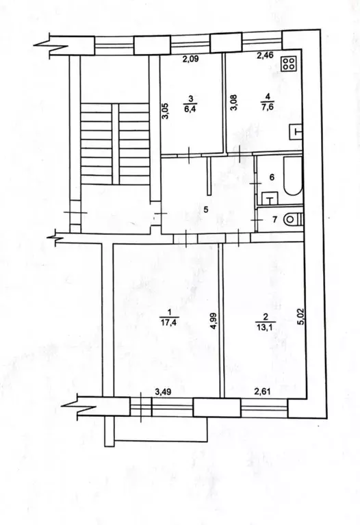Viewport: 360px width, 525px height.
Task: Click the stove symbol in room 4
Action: click(x=289, y=64)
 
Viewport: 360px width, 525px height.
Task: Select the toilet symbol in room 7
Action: click(x=291, y=220)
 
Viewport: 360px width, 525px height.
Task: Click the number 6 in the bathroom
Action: click(x=272, y=177)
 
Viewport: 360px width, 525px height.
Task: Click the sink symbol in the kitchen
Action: click(x=295, y=131)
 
